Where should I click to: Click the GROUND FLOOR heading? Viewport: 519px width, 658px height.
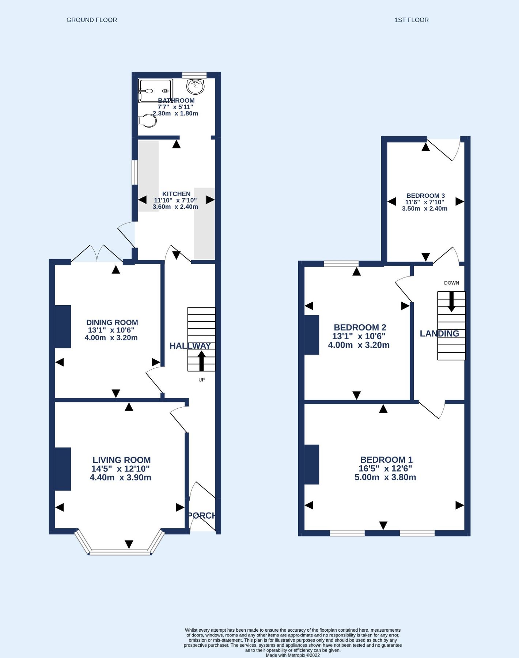point(92,20)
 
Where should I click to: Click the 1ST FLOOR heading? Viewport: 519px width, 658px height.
point(411,20)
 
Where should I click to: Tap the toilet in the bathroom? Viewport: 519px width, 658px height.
point(147,121)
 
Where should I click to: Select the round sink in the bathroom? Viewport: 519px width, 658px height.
point(196,87)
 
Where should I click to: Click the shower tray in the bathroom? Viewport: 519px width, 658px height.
point(155,91)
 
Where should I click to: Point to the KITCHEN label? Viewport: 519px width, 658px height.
point(176,194)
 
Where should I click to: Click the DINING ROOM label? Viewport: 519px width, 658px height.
point(112,322)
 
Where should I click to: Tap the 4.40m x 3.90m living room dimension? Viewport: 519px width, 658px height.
point(120,477)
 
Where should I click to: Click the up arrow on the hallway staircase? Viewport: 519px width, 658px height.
point(201,361)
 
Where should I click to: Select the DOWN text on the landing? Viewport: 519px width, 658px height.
point(451,283)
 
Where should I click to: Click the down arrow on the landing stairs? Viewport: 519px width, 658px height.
point(451,302)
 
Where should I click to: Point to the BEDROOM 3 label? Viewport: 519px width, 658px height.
point(425,196)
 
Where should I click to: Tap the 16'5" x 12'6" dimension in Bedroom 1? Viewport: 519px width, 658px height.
point(385,468)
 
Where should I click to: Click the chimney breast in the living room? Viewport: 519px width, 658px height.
point(63,469)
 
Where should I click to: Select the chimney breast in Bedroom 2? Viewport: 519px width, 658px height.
point(312,334)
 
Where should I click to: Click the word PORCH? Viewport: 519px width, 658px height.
point(202,515)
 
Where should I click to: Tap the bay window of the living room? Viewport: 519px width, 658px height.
point(120,552)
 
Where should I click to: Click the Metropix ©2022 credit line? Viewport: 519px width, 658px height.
point(292,655)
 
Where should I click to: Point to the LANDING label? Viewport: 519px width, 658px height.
point(439,333)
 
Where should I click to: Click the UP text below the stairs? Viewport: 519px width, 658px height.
point(201,380)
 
